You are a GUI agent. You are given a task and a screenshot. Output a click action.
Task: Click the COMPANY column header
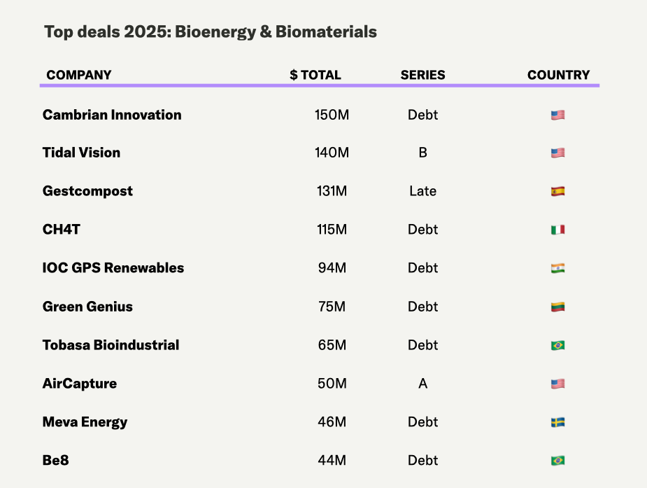[79, 75]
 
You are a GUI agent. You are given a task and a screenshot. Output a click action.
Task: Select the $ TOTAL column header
[315, 75]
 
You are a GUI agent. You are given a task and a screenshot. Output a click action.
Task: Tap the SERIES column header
[422, 75]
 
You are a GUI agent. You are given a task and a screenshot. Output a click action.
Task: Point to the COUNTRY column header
[558, 75]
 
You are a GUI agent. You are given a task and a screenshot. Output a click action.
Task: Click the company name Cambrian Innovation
[112, 115]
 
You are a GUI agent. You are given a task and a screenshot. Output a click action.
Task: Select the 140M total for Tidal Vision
[332, 153]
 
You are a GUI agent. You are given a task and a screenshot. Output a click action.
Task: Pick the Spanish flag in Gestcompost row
[557, 191]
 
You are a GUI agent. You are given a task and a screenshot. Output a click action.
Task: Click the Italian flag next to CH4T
[557, 230]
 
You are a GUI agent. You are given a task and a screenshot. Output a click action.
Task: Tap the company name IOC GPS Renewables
[113, 268]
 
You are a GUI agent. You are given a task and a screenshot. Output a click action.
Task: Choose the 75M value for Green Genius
[332, 307]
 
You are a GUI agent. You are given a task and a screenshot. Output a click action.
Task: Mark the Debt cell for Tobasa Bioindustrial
[422, 345]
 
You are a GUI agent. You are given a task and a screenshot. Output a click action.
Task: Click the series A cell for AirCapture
[422, 384]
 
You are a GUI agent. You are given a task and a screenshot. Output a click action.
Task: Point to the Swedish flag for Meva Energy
[557, 422]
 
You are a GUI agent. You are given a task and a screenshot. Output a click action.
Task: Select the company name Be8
[56, 461]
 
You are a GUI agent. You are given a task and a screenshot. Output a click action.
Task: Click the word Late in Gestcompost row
[422, 191]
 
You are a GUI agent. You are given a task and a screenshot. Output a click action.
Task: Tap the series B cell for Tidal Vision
[422, 153]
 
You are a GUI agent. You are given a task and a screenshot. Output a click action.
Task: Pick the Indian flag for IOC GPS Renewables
[557, 268]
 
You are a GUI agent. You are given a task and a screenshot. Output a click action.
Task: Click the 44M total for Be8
[332, 461]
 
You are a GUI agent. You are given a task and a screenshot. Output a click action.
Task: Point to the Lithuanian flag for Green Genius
[557, 307]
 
